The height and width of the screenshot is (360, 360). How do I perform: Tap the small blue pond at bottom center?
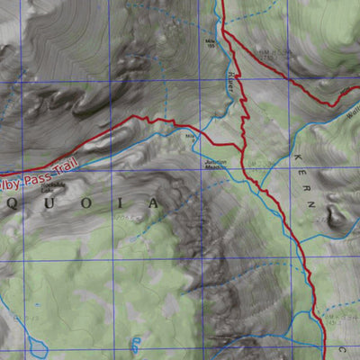click(136, 341)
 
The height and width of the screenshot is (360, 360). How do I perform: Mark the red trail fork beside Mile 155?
click(225, 36)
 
